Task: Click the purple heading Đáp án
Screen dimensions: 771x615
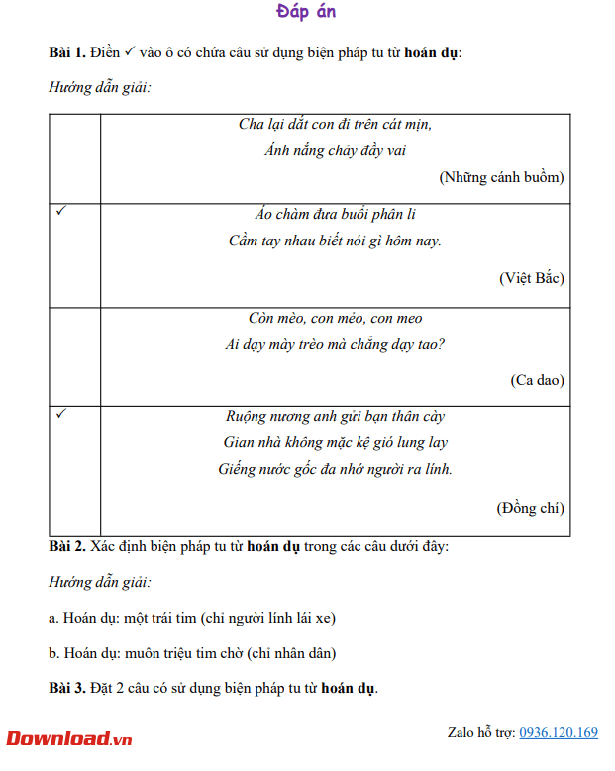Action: click(306, 12)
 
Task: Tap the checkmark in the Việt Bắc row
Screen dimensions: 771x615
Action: click(61, 212)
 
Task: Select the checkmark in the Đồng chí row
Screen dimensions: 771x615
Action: click(61, 414)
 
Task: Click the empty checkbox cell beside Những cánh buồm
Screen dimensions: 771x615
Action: click(74, 158)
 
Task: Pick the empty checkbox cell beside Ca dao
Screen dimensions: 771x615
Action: click(74, 356)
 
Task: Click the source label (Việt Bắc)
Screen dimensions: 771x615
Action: click(531, 278)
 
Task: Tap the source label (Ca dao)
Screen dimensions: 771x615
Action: click(537, 380)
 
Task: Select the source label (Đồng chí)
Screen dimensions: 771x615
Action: click(530, 508)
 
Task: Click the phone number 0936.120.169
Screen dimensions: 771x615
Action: click(559, 733)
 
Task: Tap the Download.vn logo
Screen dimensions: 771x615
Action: click(69, 738)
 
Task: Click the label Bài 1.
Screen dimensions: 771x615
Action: click(66, 51)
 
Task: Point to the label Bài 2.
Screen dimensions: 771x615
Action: click(66, 546)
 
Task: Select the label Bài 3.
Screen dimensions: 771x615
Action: click(66, 688)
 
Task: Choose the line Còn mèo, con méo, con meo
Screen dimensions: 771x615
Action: click(335, 319)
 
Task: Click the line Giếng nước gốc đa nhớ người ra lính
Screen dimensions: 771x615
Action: click(335, 469)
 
